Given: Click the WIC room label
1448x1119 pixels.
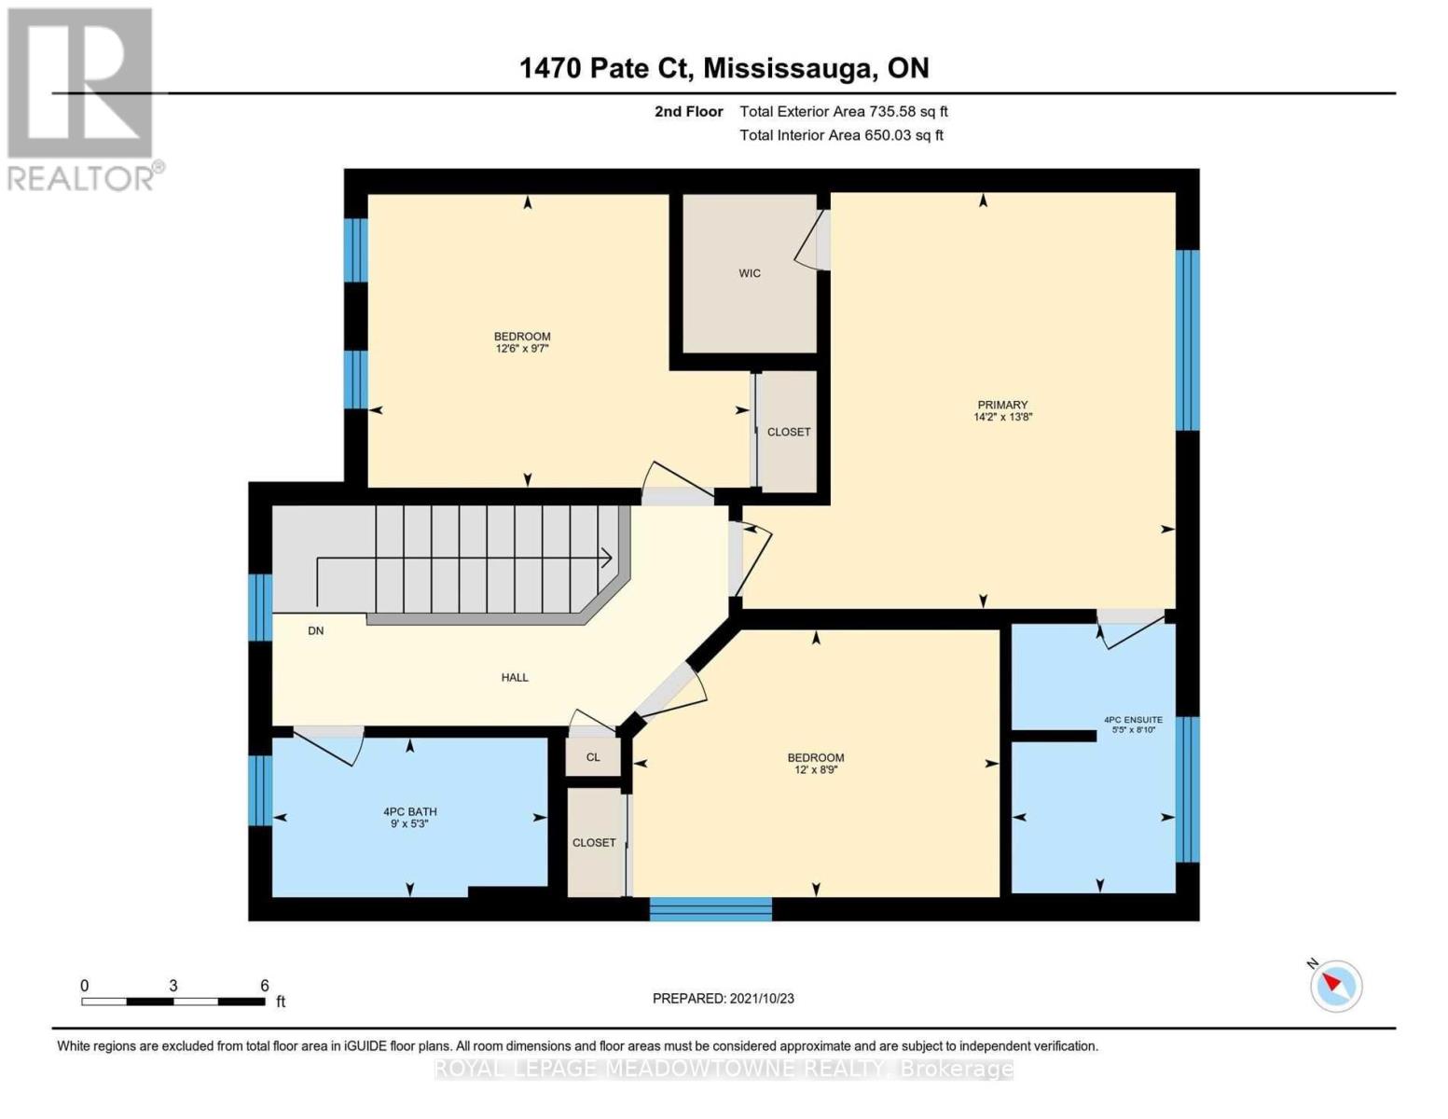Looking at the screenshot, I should point(749,273).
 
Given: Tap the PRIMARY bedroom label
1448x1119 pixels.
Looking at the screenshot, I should point(1002,405).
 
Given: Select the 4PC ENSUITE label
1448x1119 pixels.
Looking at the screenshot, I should point(1133,720).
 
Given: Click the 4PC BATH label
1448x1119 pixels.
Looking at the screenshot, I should point(409,812).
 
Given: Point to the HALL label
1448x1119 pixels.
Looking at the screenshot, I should point(515,678).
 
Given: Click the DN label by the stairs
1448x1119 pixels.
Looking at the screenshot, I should point(316,631).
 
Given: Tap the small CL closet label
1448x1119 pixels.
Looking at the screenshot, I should point(593,757).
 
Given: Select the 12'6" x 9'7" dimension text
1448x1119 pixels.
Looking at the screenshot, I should point(522,349).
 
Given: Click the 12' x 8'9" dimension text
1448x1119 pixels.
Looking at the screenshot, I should point(815,770).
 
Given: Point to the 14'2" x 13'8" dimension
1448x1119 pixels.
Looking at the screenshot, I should point(1002,418).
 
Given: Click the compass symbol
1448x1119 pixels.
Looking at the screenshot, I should point(1335,985).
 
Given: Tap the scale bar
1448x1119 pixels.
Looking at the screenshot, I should point(172,1002).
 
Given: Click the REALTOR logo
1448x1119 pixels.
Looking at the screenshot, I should point(82,98).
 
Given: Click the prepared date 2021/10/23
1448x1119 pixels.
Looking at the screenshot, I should point(723,999).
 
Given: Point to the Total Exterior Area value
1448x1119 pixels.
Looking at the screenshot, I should point(843,112).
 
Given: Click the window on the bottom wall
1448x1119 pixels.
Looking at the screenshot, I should point(710,908).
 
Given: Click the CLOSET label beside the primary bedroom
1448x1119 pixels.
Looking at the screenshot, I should point(788,432).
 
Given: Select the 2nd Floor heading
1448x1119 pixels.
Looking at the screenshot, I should point(688,112).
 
